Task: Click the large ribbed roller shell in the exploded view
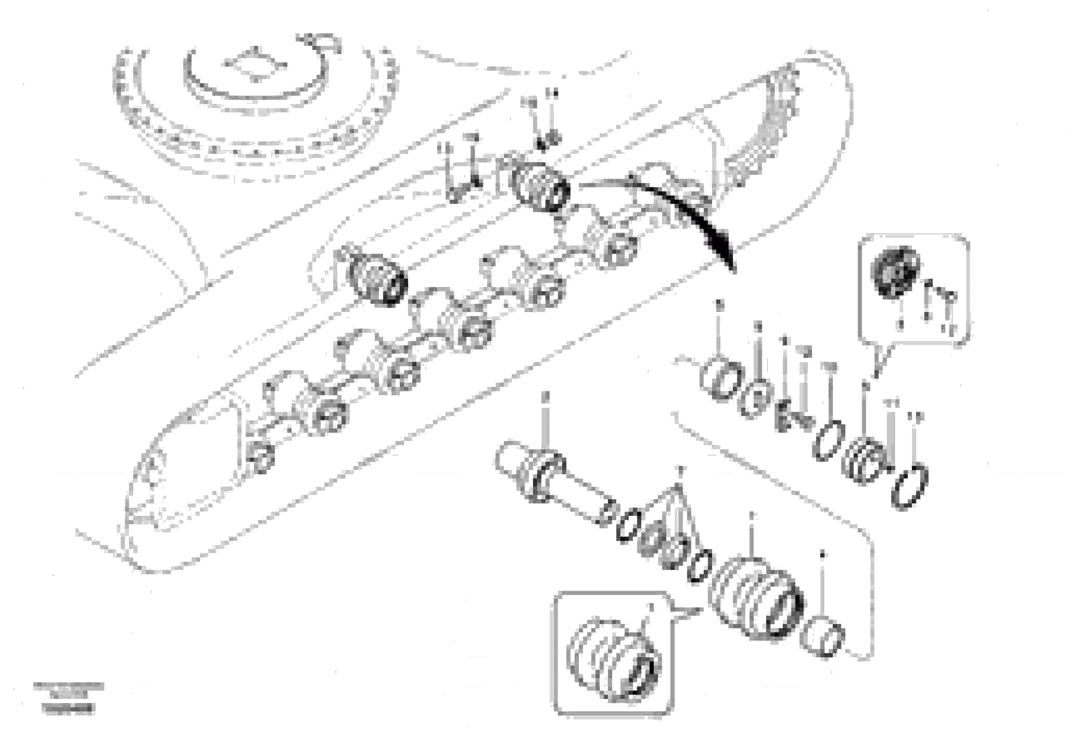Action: click(x=756, y=597)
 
